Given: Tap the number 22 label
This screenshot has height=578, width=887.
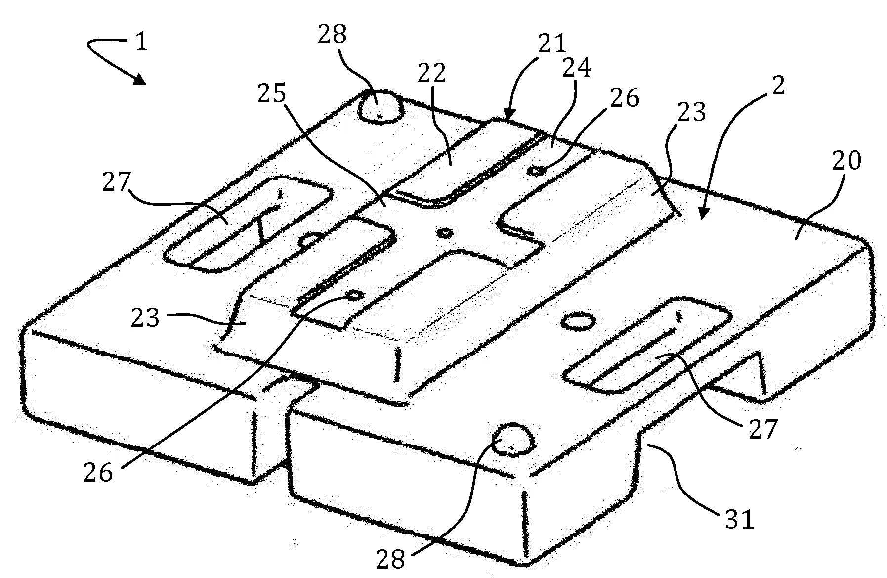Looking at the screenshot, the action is point(431,73).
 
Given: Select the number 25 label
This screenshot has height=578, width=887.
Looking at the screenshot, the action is point(272,92).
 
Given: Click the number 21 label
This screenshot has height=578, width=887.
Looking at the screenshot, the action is point(551,44).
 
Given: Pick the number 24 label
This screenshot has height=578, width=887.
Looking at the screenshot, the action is point(576,68).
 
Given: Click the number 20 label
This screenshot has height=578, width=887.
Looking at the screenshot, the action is point(846,161).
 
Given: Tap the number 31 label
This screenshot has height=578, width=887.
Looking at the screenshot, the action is point(739,520).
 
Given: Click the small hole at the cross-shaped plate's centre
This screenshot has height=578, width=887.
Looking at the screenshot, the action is point(447,232).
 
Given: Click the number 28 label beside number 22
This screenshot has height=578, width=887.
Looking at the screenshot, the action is point(333,35).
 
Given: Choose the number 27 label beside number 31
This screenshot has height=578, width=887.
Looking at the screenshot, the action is point(762,429).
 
